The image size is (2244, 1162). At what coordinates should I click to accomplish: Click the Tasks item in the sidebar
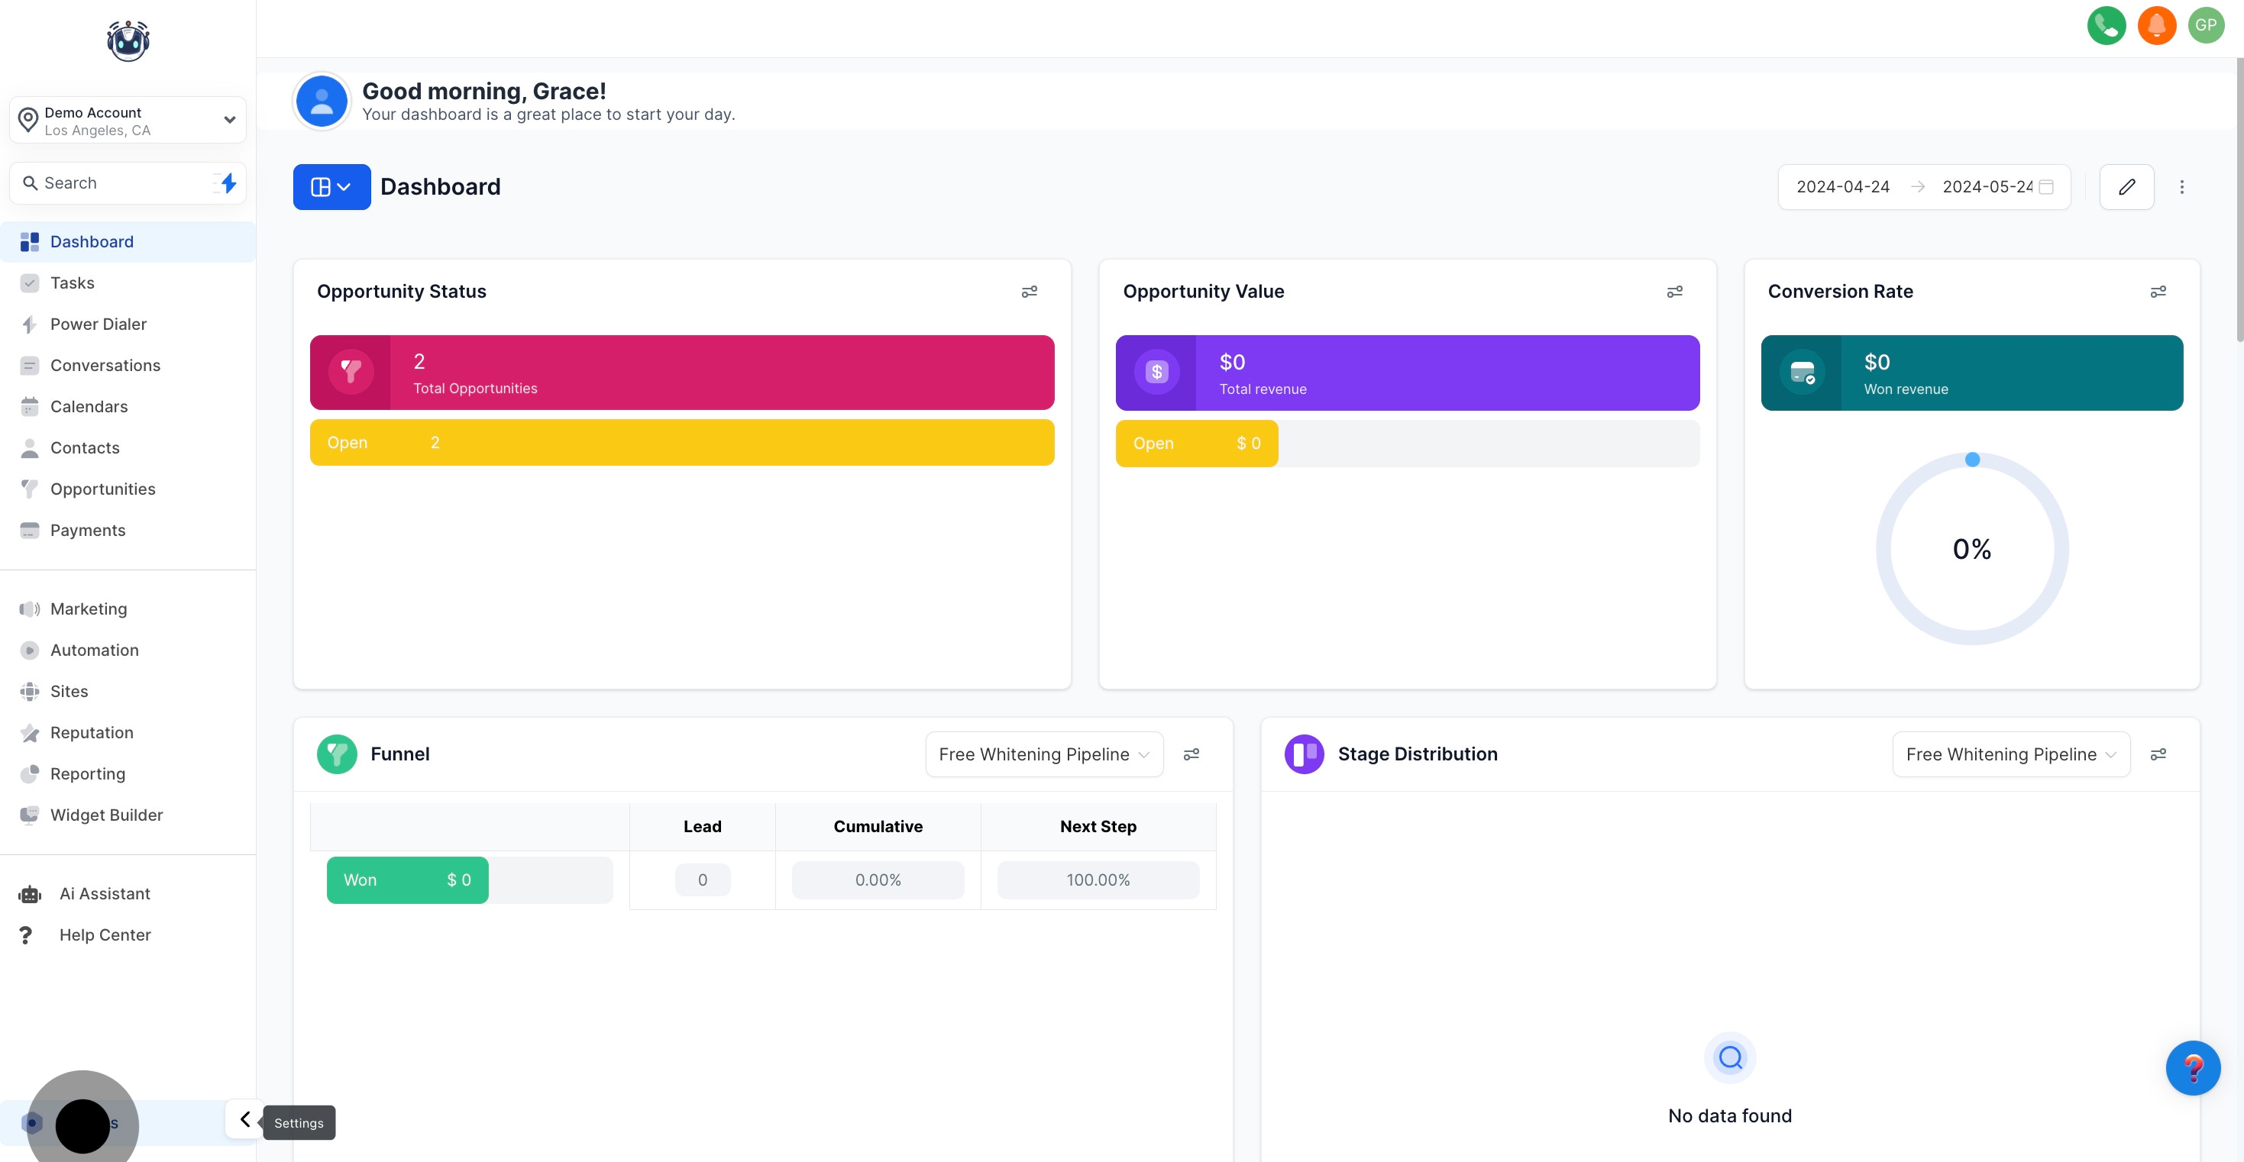click(x=73, y=283)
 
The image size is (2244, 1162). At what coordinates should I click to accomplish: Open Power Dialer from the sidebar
click(x=98, y=324)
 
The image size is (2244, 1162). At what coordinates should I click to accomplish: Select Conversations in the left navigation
click(x=105, y=365)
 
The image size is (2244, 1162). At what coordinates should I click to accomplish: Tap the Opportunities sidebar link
click(x=102, y=489)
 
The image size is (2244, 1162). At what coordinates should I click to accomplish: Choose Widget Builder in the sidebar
click(x=106, y=815)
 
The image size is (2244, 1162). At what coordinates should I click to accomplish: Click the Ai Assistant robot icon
click(x=30, y=894)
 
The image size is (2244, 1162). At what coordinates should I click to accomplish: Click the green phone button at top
click(x=2107, y=25)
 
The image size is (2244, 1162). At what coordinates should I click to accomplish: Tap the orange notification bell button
click(x=2156, y=25)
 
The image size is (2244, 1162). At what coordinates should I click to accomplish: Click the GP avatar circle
click(x=2206, y=25)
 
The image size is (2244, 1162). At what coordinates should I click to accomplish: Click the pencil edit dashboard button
click(x=2126, y=187)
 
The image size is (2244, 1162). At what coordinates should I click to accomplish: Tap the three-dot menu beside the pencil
click(x=2181, y=187)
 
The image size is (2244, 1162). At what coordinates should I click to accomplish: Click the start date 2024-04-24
click(x=1842, y=187)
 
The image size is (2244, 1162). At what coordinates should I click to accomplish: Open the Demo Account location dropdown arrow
click(x=229, y=120)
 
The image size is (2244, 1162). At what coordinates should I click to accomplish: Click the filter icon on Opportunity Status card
click(x=1029, y=292)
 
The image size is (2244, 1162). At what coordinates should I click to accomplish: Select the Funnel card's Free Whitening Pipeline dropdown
click(x=1043, y=754)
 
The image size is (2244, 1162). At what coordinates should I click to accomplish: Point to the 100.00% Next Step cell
click(x=1098, y=880)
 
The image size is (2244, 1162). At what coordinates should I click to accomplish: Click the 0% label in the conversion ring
click(x=1971, y=550)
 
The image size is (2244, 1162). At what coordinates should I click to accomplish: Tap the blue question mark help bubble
click(x=2193, y=1068)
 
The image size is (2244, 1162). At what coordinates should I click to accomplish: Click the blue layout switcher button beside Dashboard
click(x=331, y=187)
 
